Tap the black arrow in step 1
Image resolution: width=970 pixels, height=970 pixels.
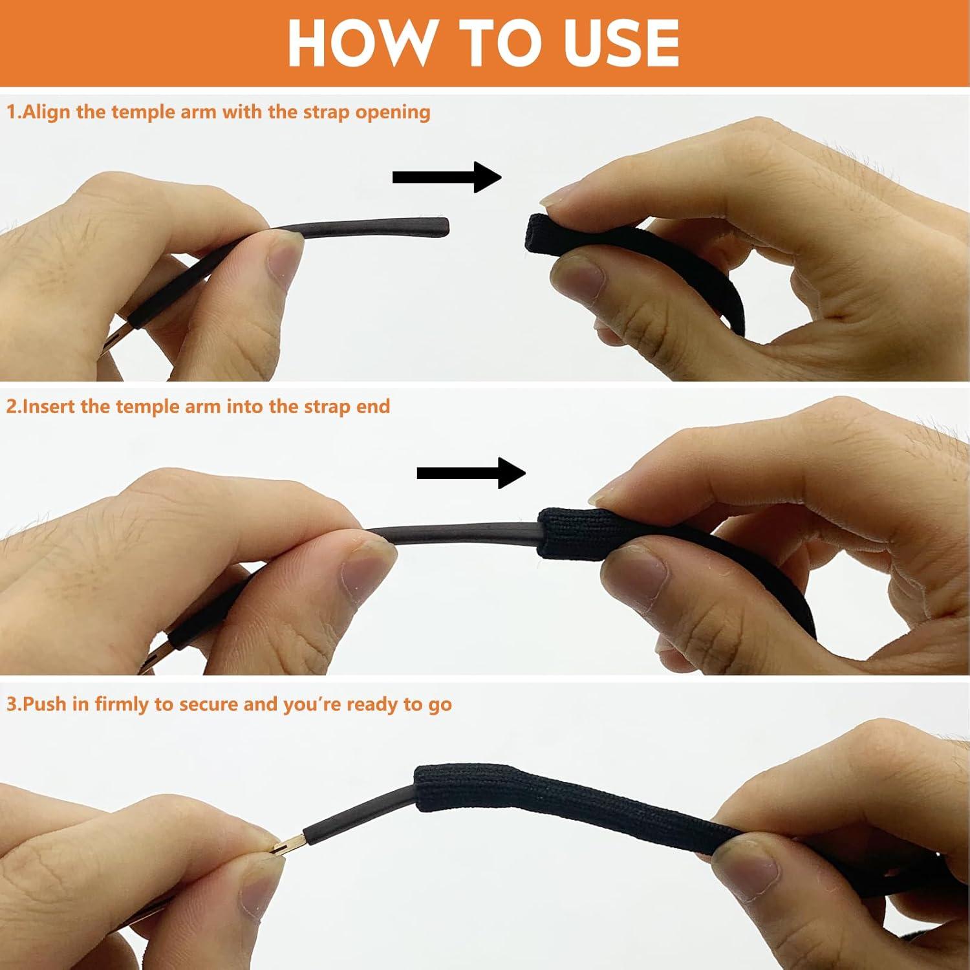[x=447, y=177]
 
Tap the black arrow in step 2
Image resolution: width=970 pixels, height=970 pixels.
[x=471, y=473]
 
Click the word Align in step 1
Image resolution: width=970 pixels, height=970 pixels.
[x=47, y=112]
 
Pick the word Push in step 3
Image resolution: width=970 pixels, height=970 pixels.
[x=45, y=704]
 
